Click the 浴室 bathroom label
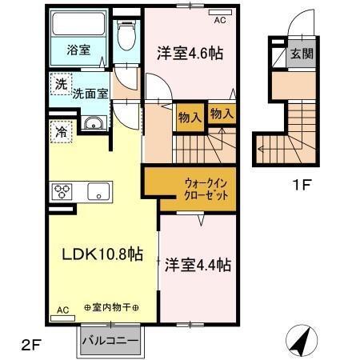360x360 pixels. (78, 50)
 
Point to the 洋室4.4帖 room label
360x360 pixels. (199, 263)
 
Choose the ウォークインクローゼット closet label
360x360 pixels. (190, 189)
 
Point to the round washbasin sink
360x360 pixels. (91, 123)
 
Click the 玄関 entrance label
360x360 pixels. (300, 55)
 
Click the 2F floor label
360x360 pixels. (30, 346)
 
